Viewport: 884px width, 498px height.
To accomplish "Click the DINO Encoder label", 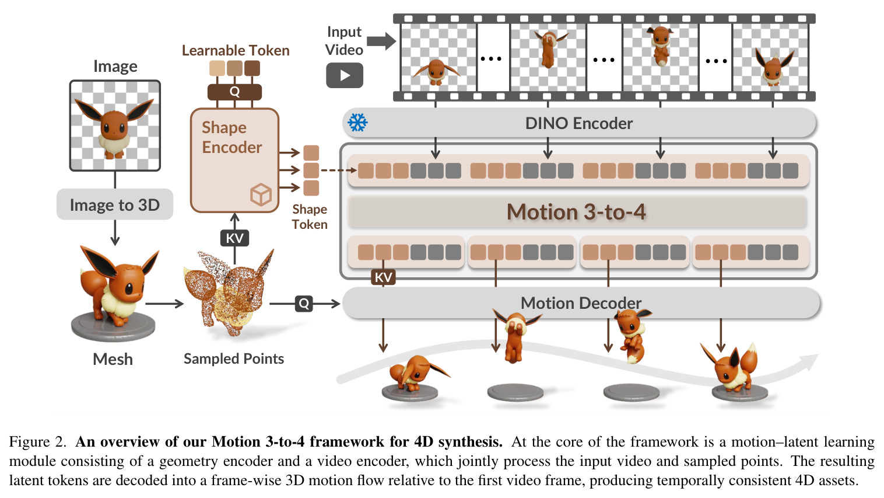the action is point(579,123).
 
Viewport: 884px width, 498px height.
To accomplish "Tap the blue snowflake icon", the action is point(357,123).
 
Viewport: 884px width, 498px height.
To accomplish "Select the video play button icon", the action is point(345,75).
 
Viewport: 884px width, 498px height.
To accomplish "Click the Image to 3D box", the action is point(115,204).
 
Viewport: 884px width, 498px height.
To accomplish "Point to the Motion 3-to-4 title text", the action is point(576,212).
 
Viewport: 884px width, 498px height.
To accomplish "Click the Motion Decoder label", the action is point(581,303).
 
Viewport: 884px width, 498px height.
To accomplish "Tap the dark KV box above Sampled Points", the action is point(234,238).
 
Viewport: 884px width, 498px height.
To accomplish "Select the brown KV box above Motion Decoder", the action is point(383,277).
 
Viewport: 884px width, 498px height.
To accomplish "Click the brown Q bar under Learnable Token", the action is point(234,92).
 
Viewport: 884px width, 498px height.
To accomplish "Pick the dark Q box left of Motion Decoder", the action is point(304,304).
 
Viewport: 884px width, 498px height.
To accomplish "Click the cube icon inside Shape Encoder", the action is point(261,194).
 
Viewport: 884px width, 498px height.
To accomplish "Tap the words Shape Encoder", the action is point(231,137).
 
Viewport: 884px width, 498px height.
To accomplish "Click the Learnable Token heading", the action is point(236,51).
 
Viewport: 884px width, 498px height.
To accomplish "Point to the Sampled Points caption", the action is point(234,358).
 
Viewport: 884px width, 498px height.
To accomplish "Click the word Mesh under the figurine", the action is point(113,359).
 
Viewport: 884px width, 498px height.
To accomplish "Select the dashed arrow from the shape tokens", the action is point(339,170).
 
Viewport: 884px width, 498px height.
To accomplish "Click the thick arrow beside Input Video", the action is point(381,41).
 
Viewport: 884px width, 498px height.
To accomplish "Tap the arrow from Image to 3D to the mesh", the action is point(115,233).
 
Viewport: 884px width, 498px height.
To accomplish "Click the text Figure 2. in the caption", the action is point(37,441).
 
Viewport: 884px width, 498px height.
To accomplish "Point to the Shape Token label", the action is point(310,217).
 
